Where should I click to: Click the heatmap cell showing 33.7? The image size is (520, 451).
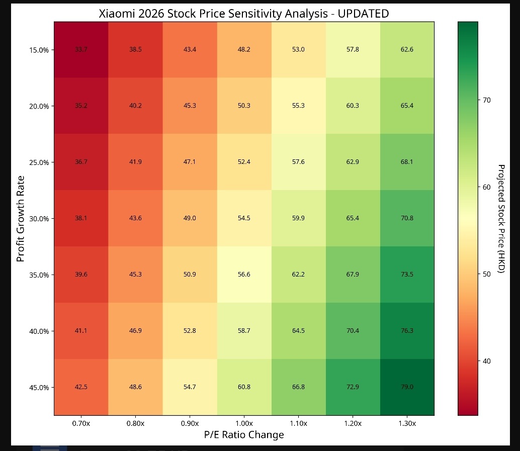click(81, 50)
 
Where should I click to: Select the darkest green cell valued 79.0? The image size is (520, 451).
click(407, 387)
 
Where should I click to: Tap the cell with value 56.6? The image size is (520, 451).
click(244, 275)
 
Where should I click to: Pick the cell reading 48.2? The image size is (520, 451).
click(244, 50)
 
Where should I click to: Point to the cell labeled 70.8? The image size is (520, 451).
click(407, 218)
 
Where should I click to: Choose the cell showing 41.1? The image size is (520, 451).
click(81, 331)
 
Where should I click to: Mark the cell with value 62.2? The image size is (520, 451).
click(298, 275)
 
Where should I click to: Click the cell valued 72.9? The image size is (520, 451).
click(353, 387)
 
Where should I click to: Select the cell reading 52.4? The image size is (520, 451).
click(244, 162)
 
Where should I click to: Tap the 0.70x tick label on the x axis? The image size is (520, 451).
click(81, 423)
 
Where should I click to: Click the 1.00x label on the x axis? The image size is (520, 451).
click(244, 423)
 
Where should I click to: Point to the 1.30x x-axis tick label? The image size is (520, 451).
click(407, 423)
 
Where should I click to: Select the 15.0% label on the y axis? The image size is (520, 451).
click(39, 50)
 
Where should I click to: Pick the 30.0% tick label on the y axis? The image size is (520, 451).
click(39, 219)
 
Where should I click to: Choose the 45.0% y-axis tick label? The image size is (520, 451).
click(39, 388)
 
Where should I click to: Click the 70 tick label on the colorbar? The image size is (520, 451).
click(486, 100)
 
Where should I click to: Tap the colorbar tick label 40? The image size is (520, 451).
click(486, 361)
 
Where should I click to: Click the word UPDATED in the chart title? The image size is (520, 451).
click(363, 14)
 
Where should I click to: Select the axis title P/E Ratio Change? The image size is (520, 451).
click(244, 435)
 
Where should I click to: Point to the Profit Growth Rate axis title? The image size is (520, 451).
click(21, 219)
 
